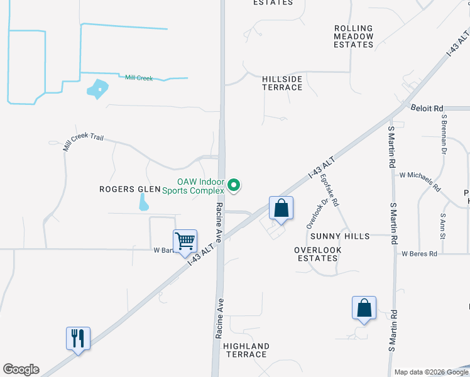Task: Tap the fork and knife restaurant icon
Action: click(x=78, y=338)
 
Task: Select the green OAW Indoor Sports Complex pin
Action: click(x=234, y=185)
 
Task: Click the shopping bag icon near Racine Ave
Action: click(x=281, y=207)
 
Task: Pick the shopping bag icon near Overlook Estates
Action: click(x=364, y=308)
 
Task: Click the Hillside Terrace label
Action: click(x=282, y=83)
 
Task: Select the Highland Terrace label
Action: click(x=246, y=351)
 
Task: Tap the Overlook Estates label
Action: click(x=318, y=254)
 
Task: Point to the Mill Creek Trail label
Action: click(x=83, y=143)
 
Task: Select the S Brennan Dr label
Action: click(x=443, y=134)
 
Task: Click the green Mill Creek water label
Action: click(x=139, y=78)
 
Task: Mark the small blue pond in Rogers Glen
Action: click(x=143, y=202)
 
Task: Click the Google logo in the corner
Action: click(x=21, y=369)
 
